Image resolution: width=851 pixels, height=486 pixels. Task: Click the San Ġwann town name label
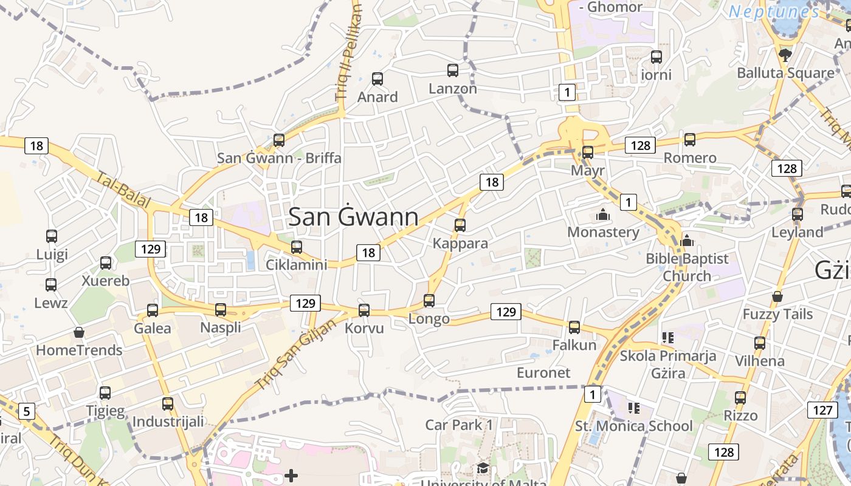click(353, 217)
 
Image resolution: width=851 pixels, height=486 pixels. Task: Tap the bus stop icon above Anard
click(377, 78)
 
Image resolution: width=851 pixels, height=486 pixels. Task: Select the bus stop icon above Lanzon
click(453, 70)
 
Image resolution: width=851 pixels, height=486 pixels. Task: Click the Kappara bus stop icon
click(460, 225)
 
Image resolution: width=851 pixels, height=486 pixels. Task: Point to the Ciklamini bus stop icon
click(297, 247)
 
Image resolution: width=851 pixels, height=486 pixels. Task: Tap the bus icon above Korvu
click(364, 310)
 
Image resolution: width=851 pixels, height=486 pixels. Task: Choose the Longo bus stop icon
click(429, 300)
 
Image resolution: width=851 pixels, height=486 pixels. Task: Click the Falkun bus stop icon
click(574, 327)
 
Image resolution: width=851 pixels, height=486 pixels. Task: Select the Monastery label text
click(603, 232)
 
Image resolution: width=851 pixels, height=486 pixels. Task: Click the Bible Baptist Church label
click(687, 267)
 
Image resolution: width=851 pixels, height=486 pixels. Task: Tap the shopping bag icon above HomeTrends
click(79, 332)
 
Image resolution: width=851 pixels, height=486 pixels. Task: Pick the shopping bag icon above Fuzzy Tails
click(777, 296)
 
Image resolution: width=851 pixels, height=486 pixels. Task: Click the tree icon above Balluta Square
click(785, 55)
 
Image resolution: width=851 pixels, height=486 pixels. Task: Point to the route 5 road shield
click(26, 412)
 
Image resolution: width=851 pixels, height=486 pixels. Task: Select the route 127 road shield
click(822, 410)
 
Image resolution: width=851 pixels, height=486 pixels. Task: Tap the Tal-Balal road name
click(123, 191)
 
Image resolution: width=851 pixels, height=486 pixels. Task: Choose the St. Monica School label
click(633, 426)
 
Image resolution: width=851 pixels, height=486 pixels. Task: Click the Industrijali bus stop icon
click(168, 403)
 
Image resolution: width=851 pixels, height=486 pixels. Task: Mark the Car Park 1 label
click(459, 425)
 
